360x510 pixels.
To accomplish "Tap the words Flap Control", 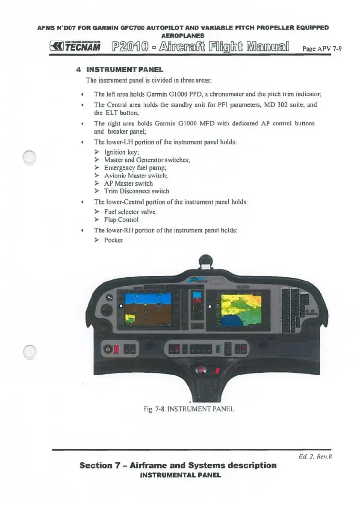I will pyautogui.click(x=121, y=219).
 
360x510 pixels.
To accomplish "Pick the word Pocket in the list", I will pyautogui.click(x=113, y=240).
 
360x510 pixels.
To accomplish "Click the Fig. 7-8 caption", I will pyautogui.click(x=189, y=409).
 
